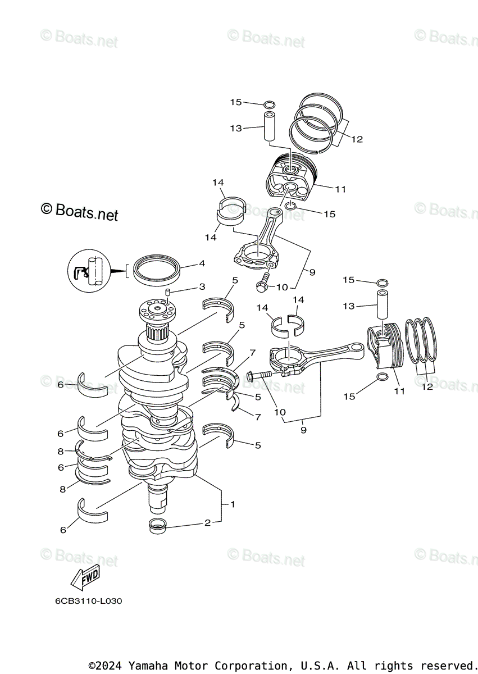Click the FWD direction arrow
coord(85,576)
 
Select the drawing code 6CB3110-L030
coord(88,601)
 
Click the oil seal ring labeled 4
coord(157,268)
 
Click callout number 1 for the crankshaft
coord(233,504)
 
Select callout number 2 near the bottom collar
coord(207,523)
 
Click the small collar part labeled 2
coord(157,526)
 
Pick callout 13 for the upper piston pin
coord(235,129)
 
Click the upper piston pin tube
coord(270,127)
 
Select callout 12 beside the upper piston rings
coord(357,139)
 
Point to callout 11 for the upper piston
coord(340,189)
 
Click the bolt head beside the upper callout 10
coord(261,286)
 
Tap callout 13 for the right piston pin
coord(349,306)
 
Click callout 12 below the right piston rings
coord(427,386)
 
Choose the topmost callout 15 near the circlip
coord(235,102)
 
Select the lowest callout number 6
coord(63,530)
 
